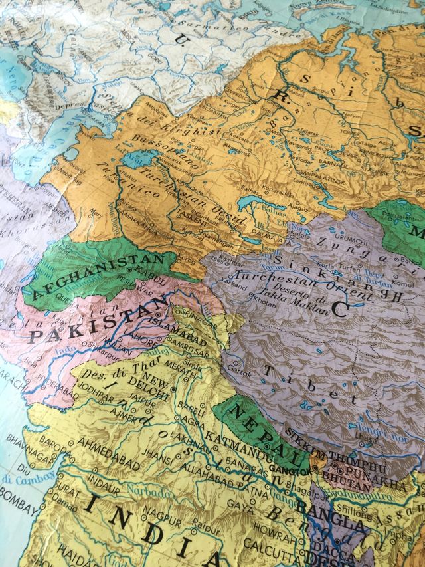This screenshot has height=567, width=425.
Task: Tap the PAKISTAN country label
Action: [93, 319]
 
